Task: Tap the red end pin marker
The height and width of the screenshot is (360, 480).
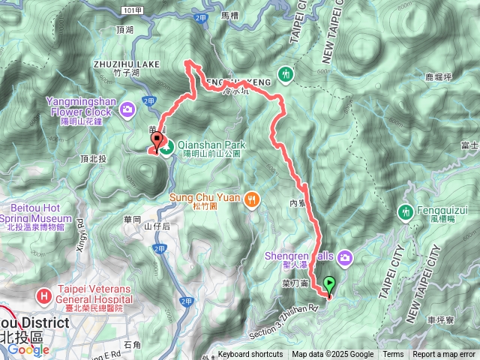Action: pos(157,140)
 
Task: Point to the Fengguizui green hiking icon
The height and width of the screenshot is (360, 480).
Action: pos(406,213)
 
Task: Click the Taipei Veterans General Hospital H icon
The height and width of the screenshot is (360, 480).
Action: pos(44,295)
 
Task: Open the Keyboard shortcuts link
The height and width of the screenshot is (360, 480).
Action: pos(250,355)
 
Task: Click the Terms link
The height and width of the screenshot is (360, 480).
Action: pos(393,355)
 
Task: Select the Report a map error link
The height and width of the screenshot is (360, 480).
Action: pos(445,355)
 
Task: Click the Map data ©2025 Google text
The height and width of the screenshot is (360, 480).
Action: pos(333,355)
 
